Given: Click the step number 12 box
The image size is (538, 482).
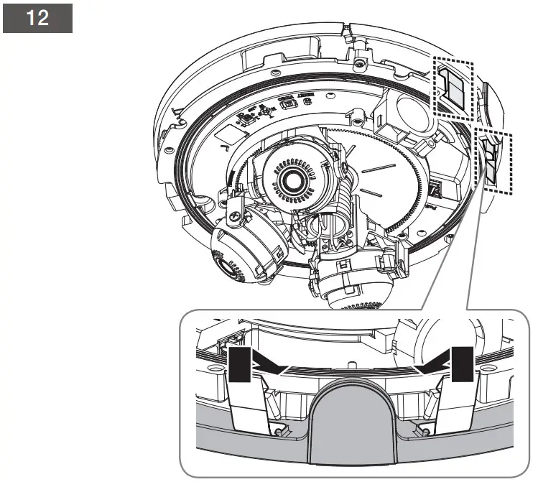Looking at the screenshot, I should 38,19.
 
